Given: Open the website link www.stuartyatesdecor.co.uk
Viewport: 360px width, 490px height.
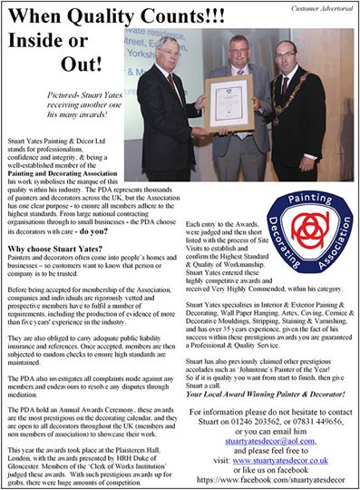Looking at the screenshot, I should tap(289, 461).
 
